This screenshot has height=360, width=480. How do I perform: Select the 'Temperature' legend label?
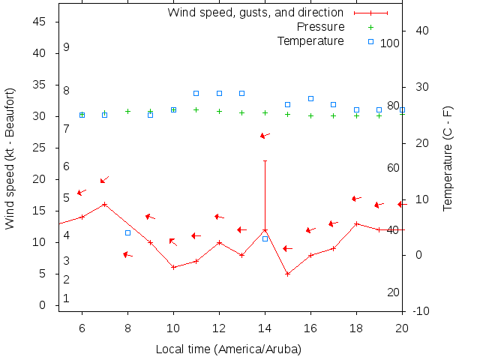tap(310, 40)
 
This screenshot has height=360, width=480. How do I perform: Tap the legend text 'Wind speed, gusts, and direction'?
tap(256, 13)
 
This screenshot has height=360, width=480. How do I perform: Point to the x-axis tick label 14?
tap(265, 328)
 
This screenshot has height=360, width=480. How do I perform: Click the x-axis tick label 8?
tap(127, 328)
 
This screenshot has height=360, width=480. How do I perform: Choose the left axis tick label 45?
tap(42, 22)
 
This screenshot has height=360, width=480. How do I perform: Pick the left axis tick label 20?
tap(42, 179)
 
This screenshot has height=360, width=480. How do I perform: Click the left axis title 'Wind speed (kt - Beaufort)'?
tap(10, 158)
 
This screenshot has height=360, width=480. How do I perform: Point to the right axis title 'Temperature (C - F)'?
tap(448, 157)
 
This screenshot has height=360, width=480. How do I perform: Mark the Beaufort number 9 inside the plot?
tap(66, 47)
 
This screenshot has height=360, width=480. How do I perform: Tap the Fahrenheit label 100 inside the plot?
tap(390, 43)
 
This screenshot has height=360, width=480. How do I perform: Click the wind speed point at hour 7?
tap(105, 204)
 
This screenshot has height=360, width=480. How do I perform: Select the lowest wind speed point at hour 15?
tap(287, 274)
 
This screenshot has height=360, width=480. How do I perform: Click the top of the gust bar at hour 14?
tap(265, 160)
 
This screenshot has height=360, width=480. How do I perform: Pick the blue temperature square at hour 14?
tap(265, 238)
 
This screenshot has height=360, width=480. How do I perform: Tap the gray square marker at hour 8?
tap(127, 232)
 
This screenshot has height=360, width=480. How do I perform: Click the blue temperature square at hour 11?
tap(196, 93)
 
